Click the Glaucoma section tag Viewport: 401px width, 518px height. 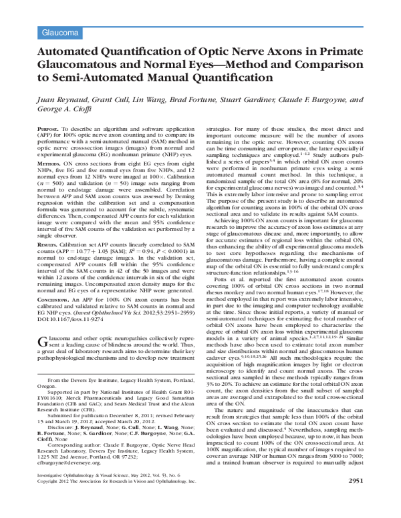(x=55, y=31)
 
